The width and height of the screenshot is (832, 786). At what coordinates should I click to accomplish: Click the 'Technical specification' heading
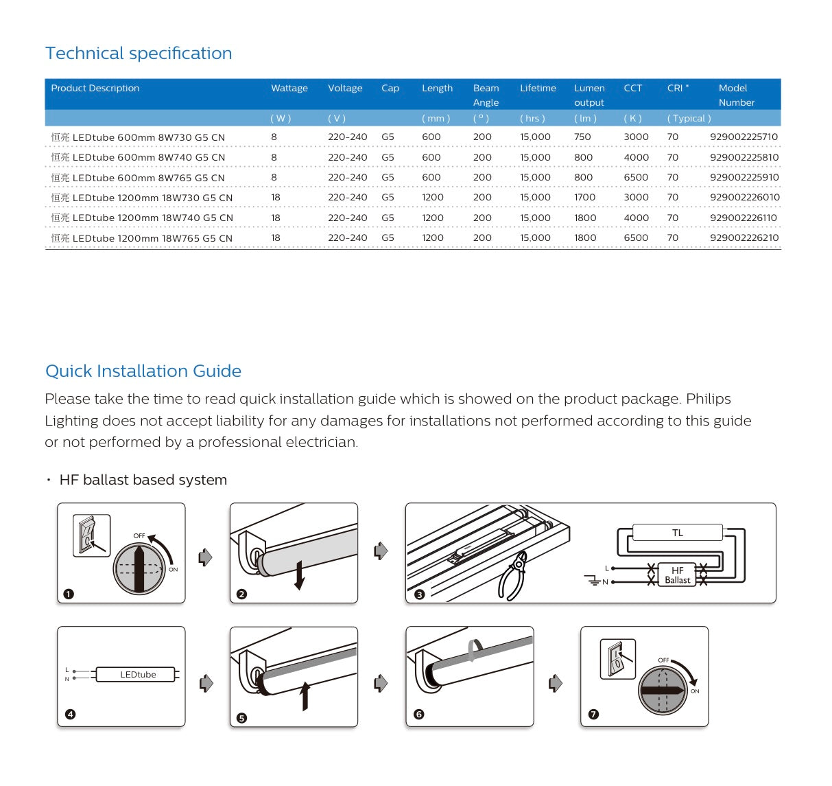(x=139, y=54)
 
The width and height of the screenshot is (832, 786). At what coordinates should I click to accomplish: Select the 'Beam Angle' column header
(x=486, y=95)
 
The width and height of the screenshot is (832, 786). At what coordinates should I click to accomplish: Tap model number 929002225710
(x=744, y=137)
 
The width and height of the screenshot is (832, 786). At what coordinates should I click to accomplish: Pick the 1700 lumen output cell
(x=584, y=197)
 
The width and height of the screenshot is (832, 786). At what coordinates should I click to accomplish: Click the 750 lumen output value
(x=582, y=137)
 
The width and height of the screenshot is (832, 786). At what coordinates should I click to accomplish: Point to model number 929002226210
(x=744, y=238)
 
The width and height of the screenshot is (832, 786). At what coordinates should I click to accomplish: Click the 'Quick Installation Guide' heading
(x=143, y=371)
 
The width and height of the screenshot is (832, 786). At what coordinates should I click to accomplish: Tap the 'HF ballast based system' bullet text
(x=143, y=480)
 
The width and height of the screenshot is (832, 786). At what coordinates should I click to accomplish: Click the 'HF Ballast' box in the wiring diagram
(x=677, y=575)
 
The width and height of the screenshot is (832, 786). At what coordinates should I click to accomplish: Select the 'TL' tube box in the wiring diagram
(x=677, y=533)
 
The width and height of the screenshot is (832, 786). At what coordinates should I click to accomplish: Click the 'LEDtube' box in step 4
(x=138, y=675)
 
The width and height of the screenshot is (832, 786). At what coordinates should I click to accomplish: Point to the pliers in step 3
(x=512, y=579)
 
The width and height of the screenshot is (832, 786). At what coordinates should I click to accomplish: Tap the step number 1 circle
(x=69, y=594)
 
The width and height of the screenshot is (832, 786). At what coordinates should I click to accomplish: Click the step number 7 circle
(x=593, y=714)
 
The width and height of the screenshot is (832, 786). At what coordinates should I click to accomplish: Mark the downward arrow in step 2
(x=299, y=575)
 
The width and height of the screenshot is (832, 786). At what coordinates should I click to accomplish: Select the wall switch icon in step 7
(x=617, y=660)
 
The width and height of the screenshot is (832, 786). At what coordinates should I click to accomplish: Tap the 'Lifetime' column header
(x=538, y=88)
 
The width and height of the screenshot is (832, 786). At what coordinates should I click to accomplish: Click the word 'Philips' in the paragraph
(x=708, y=399)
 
